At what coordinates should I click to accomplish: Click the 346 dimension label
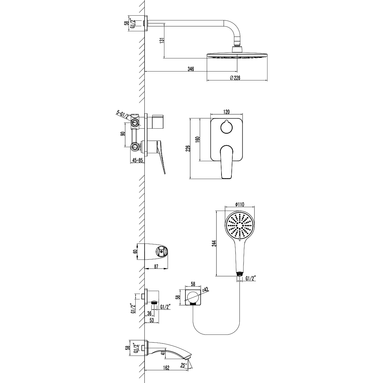click(191, 69)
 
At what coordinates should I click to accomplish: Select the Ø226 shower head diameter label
click(235, 78)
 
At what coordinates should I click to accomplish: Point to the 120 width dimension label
click(226, 112)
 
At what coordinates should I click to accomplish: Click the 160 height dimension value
click(198, 139)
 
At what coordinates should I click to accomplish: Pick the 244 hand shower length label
click(214, 244)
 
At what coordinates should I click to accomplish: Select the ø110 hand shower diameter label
click(239, 204)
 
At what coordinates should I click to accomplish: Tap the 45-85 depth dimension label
click(138, 160)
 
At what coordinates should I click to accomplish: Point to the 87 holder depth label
click(156, 267)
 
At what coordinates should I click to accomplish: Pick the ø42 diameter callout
click(206, 289)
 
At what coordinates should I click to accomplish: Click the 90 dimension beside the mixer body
click(123, 133)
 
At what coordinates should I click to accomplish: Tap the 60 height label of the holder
click(135, 251)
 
